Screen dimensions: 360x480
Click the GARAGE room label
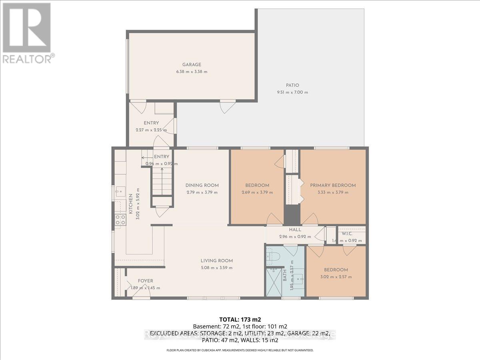click(192, 64)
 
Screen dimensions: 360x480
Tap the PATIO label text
click(292, 85)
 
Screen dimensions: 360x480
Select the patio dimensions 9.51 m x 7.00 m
click(292, 92)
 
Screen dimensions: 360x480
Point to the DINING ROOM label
click(202, 185)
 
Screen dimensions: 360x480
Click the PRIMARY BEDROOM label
click(333, 185)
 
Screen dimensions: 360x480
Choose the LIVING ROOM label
click(216, 261)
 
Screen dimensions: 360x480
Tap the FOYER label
click(146, 281)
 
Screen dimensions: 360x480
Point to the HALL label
click(295, 230)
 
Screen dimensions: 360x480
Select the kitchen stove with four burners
click(120, 219)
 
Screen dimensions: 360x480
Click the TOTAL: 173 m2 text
click(240, 319)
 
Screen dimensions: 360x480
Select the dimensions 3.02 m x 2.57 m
click(336, 276)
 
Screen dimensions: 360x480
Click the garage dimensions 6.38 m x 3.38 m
click(192, 72)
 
